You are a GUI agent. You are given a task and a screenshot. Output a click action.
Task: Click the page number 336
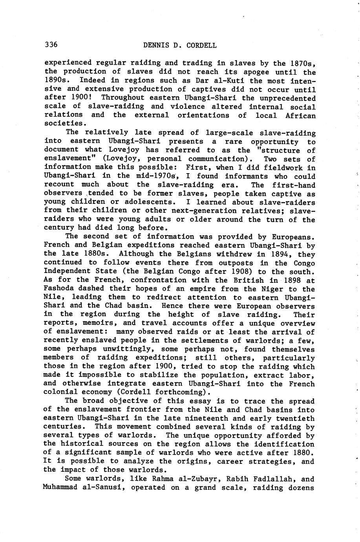(x=51, y=45)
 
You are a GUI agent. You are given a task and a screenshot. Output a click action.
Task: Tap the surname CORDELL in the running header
(x=201, y=45)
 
